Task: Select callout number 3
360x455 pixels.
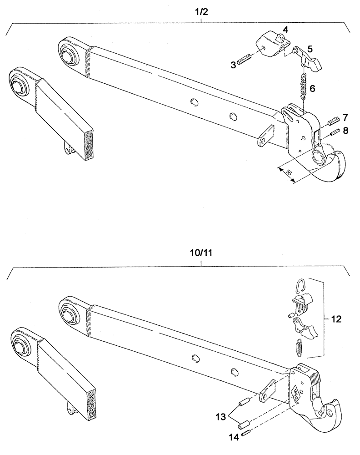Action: click(x=233, y=65)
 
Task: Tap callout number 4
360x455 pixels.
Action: click(x=285, y=30)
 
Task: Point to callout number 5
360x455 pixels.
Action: click(x=310, y=49)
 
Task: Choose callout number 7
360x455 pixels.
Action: click(x=345, y=117)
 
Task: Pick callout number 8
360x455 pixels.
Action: click(x=345, y=131)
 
